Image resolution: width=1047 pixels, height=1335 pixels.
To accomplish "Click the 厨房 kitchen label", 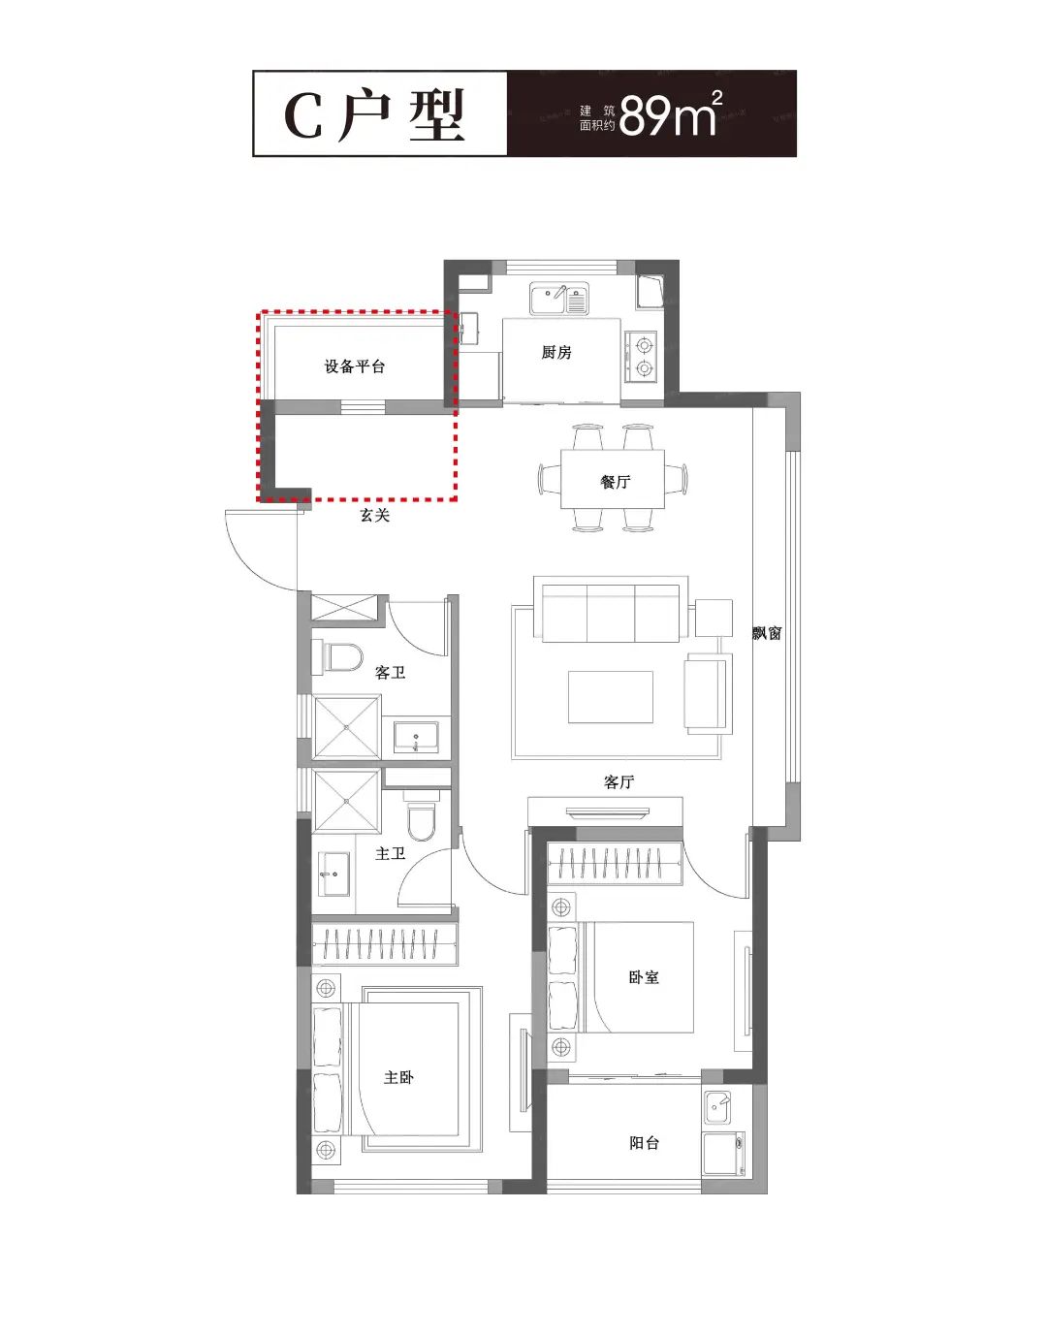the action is click(556, 352).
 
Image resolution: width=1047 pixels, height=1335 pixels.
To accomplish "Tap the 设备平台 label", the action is click(354, 366).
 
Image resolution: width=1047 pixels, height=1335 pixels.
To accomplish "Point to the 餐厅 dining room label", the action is click(616, 481).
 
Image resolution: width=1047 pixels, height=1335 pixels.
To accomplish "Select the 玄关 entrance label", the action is click(374, 515).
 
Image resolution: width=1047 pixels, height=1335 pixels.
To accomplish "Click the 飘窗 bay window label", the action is click(767, 633).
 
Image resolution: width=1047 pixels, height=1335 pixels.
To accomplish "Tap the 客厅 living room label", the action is click(619, 782).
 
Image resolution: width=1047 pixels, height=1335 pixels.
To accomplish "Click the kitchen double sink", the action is click(559, 300).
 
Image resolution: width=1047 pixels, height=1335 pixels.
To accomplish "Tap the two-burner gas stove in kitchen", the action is click(641, 357).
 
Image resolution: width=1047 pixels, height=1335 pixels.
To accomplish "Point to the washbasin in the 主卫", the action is click(334, 874).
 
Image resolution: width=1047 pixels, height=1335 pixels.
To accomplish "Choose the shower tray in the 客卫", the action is click(347, 727).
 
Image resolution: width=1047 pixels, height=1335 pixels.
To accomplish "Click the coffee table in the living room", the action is click(611, 697).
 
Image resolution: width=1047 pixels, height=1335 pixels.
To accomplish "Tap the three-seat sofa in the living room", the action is click(611, 613).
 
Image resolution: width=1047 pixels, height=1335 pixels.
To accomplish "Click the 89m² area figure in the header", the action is click(671, 113).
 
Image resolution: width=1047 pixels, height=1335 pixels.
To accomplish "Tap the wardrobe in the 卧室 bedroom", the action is click(615, 864).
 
